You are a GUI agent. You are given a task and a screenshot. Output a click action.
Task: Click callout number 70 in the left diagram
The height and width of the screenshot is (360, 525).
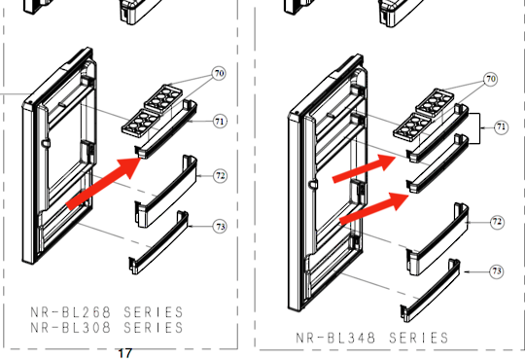pos(219,73)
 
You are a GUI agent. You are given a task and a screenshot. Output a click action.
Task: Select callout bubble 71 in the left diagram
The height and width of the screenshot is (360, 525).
pos(220,121)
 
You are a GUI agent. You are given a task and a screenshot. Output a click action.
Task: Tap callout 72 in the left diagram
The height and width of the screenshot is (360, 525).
pos(221,176)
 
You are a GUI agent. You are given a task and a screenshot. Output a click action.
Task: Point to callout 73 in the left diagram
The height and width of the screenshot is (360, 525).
pos(221,226)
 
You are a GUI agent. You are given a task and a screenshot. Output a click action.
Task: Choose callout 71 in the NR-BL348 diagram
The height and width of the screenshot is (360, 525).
pos(500,126)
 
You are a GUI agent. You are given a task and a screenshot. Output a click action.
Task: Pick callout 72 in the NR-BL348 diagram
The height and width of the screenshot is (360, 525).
pos(497,222)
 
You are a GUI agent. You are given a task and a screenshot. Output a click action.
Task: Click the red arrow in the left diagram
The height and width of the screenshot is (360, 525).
pos(101,181)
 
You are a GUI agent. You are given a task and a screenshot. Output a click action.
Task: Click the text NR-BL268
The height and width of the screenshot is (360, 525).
pos(67,312)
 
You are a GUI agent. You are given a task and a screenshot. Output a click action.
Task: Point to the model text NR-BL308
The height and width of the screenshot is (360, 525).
pos(67,328)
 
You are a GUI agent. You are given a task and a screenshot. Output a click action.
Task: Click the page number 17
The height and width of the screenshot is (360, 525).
pos(123,352)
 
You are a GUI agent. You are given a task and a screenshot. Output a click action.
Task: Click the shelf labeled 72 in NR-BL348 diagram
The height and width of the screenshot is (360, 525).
pos(431,235)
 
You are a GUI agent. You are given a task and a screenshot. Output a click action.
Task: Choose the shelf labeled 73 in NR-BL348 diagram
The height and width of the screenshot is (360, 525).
pos(429,289)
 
